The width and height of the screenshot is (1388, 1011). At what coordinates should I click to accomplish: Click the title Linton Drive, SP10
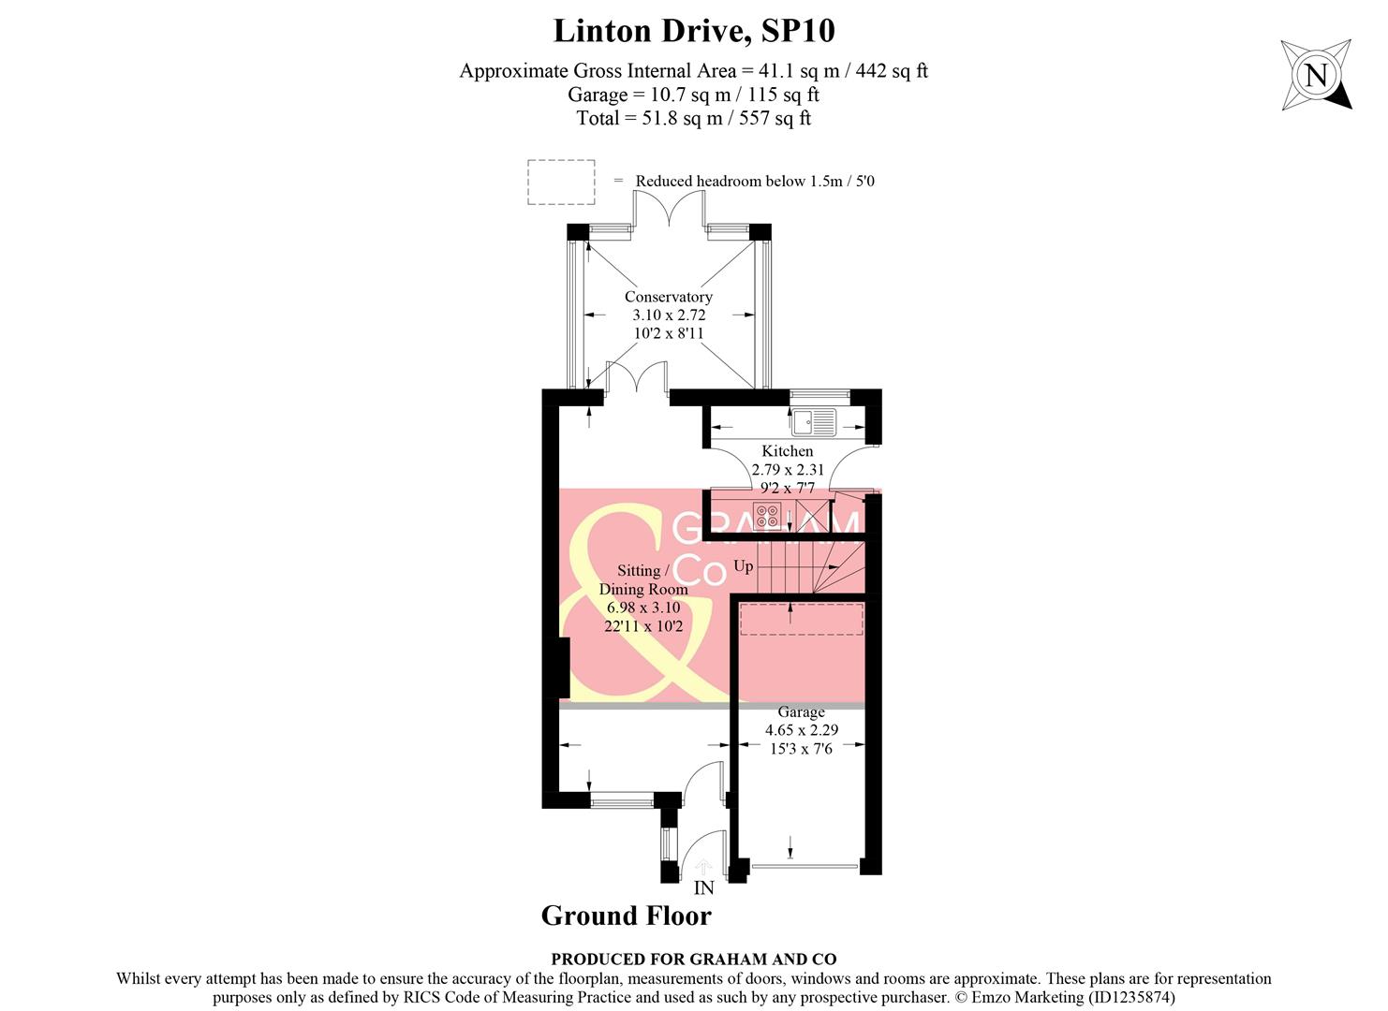point(693,31)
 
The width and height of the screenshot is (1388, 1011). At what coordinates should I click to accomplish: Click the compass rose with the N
point(1316,75)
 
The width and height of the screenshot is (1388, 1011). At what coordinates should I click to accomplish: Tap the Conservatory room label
point(668,297)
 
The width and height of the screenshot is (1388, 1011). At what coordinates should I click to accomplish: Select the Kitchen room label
point(787,451)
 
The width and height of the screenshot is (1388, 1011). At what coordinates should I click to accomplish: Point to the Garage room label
point(801,712)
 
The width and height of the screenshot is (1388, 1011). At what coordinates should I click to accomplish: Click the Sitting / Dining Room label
point(642,579)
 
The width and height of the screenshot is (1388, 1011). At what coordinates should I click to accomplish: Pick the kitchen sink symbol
point(813,423)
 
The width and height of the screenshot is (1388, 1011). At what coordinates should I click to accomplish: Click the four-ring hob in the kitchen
point(766,516)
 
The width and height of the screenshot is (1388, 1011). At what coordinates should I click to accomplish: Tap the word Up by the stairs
point(743,566)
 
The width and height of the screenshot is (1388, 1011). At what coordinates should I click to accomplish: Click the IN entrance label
point(703,888)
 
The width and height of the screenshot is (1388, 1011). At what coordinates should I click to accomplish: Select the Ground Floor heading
point(626,916)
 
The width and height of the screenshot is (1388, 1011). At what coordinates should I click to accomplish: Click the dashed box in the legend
point(561,182)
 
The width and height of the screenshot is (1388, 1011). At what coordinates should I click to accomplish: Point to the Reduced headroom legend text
point(754,182)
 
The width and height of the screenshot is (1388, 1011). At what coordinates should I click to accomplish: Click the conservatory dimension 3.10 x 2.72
point(668,315)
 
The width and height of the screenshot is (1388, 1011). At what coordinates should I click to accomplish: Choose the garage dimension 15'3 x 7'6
point(801,749)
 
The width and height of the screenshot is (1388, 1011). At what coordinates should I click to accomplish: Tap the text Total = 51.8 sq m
point(693,118)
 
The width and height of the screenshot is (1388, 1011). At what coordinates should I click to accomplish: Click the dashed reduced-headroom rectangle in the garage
point(802,620)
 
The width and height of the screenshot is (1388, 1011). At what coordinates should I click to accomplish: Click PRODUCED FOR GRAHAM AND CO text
point(693,959)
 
